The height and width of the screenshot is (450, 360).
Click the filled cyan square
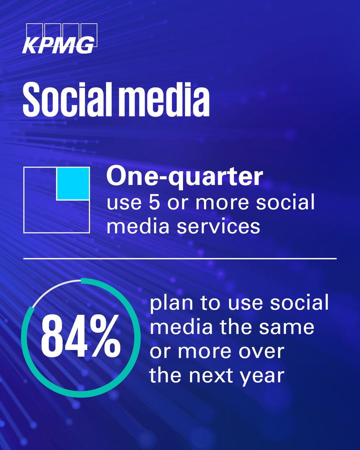pos(73,183)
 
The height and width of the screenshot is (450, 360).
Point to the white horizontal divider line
pos(180,259)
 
